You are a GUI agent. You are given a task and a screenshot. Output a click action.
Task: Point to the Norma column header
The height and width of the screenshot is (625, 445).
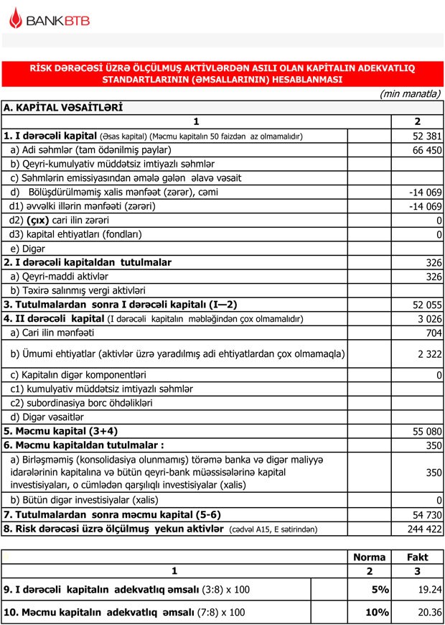pyautogui.click(x=370, y=557)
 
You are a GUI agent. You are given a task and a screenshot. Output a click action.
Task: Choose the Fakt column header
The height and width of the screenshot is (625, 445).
pyautogui.click(x=418, y=557)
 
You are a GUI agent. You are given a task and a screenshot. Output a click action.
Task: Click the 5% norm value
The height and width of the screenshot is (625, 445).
pyautogui.click(x=380, y=589)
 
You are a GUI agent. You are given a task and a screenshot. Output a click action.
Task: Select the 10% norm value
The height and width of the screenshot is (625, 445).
pyautogui.click(x=377, y=613)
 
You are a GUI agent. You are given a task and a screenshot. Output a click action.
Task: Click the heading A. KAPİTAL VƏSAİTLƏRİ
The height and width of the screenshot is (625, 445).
pyautogui.click(x=63, y=108)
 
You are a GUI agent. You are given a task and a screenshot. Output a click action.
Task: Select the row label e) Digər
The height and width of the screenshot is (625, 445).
pyautogui.click(x=29, y=249)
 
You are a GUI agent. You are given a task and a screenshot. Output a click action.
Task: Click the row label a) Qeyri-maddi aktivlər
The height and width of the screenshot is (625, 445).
pyautogui.click(x=59, y=277)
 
